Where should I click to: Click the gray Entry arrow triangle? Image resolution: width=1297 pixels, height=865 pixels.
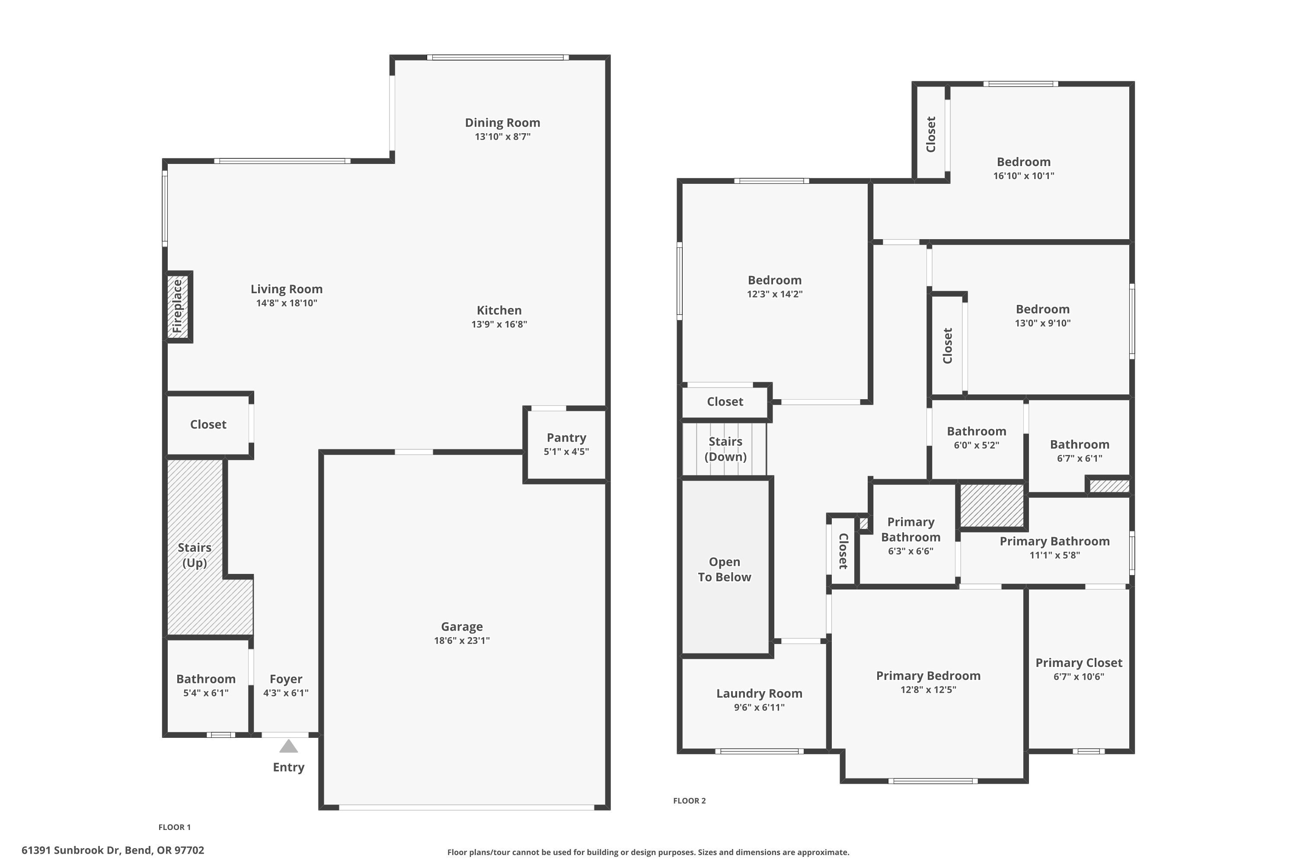288,746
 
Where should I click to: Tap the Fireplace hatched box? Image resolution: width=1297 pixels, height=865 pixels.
178,307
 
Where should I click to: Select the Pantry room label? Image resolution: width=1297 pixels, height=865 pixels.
566,437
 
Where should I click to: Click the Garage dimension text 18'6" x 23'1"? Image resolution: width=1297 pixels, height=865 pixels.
462,641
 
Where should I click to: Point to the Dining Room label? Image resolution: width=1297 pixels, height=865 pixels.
502,122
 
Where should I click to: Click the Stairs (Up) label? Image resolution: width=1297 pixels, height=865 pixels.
194,555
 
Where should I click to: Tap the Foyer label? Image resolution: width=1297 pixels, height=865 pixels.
286,679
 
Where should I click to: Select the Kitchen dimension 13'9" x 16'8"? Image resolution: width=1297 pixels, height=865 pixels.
498,324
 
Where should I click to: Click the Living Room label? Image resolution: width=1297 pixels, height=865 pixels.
286,289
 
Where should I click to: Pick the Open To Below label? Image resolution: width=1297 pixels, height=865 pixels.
724,569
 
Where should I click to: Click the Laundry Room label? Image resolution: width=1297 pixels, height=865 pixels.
759,693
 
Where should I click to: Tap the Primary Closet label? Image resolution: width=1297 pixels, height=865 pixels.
1078,663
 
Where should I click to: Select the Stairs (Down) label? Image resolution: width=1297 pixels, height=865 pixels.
725,449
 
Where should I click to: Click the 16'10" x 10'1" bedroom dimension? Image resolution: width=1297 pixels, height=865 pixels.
1023,176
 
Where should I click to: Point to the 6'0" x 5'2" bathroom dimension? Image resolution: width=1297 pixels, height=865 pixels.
976,445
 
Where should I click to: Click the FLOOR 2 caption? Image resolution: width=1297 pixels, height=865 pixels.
689,801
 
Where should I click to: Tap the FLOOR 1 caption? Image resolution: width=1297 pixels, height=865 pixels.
174,827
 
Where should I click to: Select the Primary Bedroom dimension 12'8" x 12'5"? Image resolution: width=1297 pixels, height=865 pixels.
928,689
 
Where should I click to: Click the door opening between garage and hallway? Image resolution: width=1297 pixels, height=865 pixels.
414,452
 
